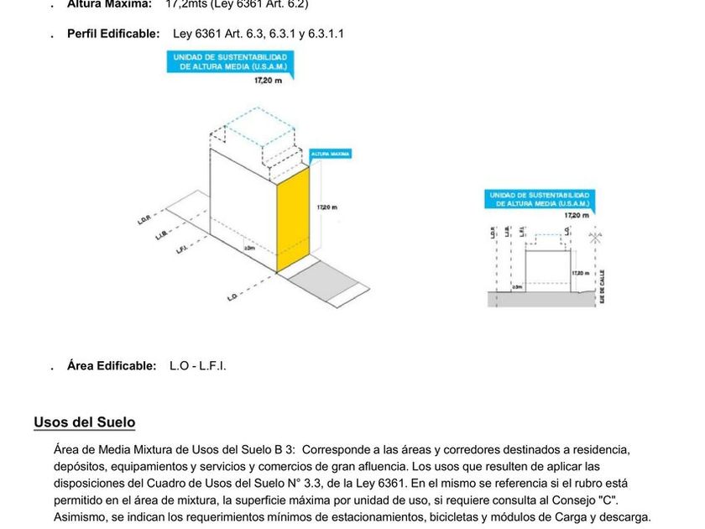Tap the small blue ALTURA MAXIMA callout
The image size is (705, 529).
(330, 155)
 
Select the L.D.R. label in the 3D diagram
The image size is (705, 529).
(144, 221)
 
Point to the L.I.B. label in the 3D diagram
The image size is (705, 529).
(163, 234)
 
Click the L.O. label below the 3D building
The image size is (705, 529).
(232, 296)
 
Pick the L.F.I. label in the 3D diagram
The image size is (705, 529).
(182, 248)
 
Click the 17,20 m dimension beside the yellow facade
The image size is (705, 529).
(328, 207)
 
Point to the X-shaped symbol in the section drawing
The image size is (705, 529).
(594, 238)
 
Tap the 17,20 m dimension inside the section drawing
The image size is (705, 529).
(581, 273)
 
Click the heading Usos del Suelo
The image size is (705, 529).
(84, 422)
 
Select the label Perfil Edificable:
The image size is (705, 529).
(113, 34)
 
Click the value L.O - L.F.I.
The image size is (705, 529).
(198, 366)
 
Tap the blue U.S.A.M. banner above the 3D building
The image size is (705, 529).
(231, 61)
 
